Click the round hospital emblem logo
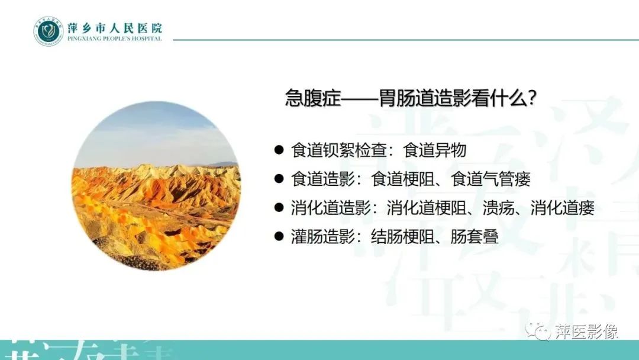coord(48,31)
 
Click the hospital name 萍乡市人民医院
coord(115,27)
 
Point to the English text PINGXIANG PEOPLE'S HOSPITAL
coord(115,38)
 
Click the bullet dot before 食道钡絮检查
coord(279,150)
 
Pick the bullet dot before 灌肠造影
coord(279,237)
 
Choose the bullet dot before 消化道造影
coord(279,208)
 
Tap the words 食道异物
coord(435,150)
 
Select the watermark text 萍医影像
coord(586,332)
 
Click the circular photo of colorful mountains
coord(156,186)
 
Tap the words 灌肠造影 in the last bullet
coord(319,237)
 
